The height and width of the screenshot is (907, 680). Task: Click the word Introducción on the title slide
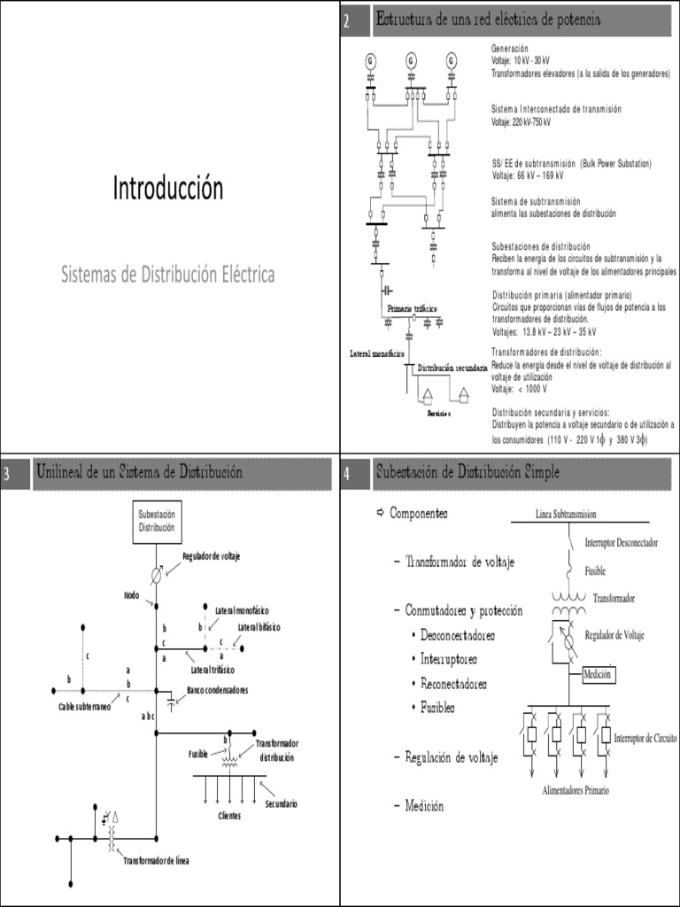[168, 188]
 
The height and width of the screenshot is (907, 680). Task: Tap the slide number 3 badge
[7, 477]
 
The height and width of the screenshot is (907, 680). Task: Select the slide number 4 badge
[348, 477]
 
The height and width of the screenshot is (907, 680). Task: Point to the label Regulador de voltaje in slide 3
[212, 555]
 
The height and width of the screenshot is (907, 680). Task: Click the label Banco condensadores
[217, 690]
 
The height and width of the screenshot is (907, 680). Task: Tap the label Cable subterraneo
[85, 706]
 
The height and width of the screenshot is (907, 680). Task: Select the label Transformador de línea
[156, 860]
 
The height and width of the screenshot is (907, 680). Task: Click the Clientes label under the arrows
[229, 816]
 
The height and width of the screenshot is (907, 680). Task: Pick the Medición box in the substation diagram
[598, 675]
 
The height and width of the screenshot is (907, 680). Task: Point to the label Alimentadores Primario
[576, 789]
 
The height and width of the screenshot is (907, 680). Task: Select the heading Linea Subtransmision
[566, 514]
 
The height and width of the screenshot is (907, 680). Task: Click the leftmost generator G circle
[370, 60]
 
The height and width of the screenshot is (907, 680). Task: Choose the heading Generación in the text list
[510, 48]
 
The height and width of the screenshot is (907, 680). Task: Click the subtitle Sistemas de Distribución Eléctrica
[168, 275]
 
